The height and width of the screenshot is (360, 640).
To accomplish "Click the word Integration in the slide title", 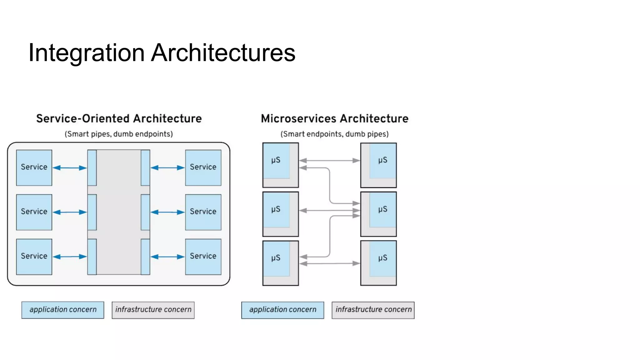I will (x=86, y=53).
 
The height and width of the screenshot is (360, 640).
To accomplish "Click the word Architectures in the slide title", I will (x=223, y=53).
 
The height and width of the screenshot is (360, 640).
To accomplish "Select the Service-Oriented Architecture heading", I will (x=119, y=119).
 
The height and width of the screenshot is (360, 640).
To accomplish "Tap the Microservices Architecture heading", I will (x=335, y=119).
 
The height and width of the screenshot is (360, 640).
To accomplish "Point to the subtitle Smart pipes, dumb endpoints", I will (x=119, y=134).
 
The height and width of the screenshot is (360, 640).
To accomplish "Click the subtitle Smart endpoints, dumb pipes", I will (x=334, y=134).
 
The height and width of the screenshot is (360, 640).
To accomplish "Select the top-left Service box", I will (x=34, y=167).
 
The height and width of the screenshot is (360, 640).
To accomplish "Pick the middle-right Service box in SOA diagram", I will (x=203, y=212).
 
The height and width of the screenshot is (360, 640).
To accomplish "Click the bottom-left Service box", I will (x=34, y=257).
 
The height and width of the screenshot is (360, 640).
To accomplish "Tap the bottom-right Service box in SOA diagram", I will (x=203, y=257).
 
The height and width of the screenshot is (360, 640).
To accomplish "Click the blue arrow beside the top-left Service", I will (x=70, y=168).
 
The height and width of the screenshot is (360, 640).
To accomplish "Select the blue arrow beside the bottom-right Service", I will (x=167, y=257).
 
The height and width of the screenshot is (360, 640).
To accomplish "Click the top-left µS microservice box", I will (x=280, y=165).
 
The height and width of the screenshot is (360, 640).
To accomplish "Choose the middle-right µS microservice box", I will (x=378, y=214).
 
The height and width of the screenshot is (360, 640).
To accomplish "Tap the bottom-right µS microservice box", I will (x=378, y=263).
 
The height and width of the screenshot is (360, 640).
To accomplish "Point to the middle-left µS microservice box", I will (x=280, y=214).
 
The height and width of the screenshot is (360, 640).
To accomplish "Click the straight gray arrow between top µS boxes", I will (x=330, y=161).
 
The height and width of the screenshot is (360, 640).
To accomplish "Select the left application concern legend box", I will (x=63, y=310).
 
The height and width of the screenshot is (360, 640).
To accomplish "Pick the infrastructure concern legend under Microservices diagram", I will (x=373, y=310).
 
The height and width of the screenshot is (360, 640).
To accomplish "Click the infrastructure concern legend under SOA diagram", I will (x=153, y=310).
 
